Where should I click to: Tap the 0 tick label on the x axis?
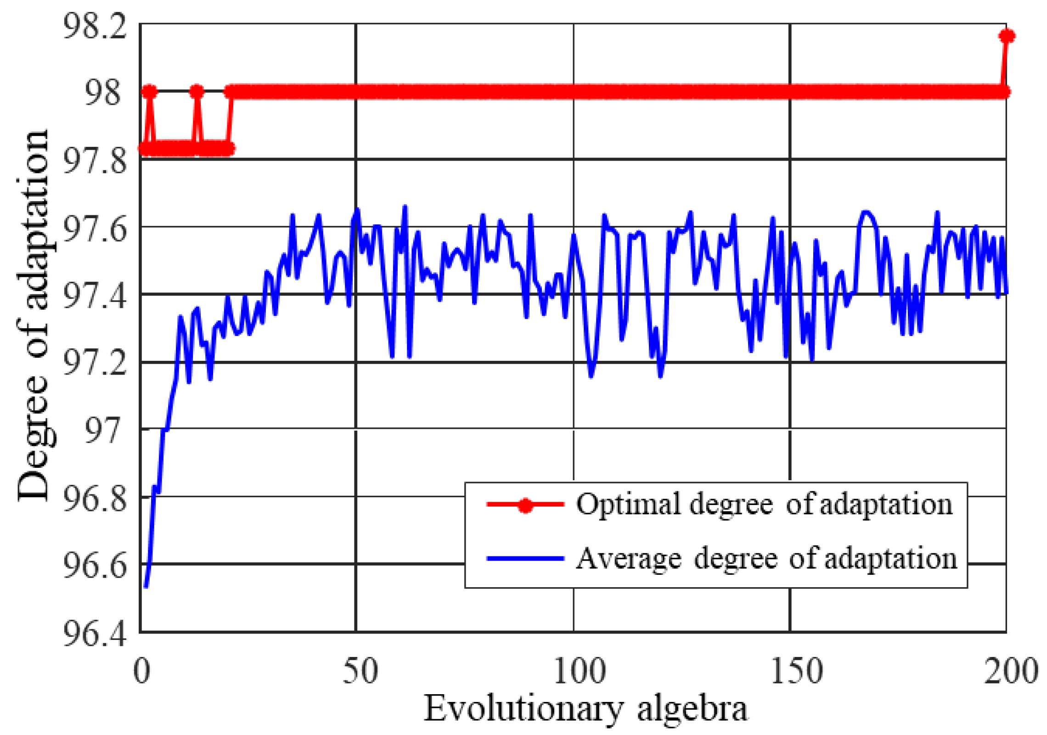click(141, 671)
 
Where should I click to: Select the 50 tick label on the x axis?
click(360, 671)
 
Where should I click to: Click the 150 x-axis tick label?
click(796, 671)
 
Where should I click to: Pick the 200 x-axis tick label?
click(1010, 671)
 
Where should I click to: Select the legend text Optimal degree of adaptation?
click(764, 505)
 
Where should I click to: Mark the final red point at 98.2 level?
click(1007, 36)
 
